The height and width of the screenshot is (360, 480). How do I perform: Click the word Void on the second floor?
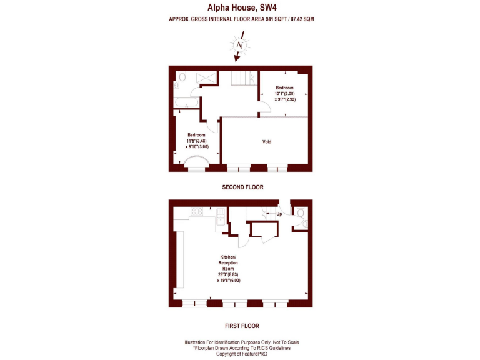click(266, 142)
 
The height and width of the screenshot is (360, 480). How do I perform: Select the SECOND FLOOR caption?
click(242, 187)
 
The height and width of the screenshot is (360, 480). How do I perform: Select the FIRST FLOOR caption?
click(241, 326)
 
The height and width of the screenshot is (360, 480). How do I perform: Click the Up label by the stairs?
click(279, 214)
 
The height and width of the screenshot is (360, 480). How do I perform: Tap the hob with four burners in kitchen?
click(197, 211)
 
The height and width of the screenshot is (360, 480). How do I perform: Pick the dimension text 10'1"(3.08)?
click(285, 93)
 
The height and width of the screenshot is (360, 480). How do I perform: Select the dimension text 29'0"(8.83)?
click(228, 274)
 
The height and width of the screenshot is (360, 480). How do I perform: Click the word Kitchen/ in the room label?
click(228, 257)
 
